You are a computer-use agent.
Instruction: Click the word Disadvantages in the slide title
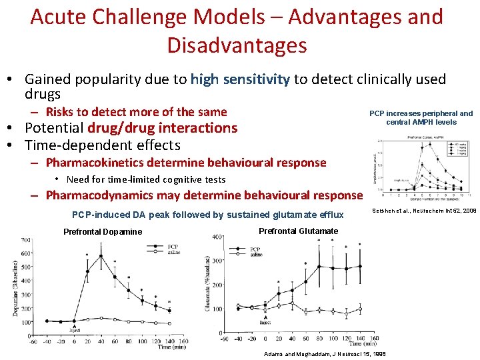click(x=237, y=45)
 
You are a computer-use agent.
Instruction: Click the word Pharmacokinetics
click(x=99, y=163)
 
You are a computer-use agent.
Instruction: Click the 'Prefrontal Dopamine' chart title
click(x=103, y=232)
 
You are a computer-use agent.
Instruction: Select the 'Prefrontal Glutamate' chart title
click(x=298, y=231)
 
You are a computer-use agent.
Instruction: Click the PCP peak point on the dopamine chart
click(x=101, y=256)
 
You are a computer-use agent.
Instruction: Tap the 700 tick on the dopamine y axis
click(x=26, y=239)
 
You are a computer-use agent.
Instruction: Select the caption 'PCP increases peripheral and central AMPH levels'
click(x=421, y=118)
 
